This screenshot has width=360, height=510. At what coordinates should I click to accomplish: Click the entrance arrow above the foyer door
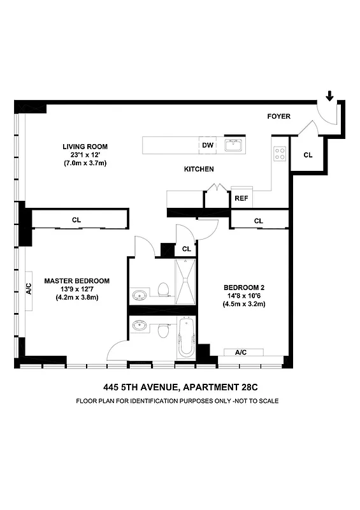point(329,97)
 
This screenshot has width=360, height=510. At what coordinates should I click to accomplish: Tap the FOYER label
point(278,116)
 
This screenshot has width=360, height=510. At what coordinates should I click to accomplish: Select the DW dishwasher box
point(207,145)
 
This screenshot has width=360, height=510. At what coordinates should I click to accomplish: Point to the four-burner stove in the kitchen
point(280,153)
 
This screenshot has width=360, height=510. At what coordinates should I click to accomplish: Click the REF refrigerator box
point(241,198)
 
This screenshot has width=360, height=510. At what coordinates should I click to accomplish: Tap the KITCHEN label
point(199,169)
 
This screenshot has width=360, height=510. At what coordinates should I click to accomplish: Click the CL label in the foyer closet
point(308,155)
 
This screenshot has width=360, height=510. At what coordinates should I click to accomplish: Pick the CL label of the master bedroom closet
point(76,220)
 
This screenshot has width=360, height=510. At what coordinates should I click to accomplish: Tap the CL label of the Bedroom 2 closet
point(258,221)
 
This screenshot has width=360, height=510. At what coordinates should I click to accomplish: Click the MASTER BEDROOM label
point(76,280)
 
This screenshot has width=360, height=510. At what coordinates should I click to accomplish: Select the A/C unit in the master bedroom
point(29,288)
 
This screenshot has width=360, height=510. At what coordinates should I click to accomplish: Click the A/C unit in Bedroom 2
point(241,353)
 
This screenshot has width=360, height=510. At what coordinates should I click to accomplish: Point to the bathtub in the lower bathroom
point(185,338)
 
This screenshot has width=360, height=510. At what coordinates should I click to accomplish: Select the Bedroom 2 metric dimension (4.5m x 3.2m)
point(243,304)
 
